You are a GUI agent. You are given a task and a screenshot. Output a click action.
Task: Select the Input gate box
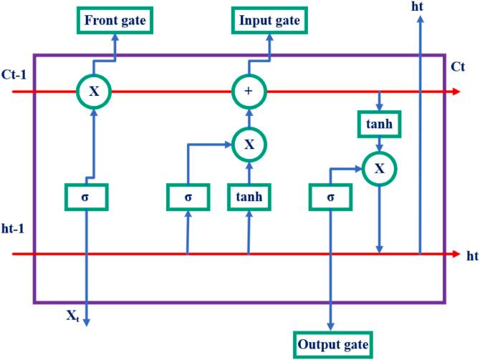(x=269, y=20)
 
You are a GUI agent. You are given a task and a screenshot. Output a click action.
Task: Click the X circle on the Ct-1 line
(x=95, y=92)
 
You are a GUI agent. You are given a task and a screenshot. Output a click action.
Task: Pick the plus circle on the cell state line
(x=249, y=92)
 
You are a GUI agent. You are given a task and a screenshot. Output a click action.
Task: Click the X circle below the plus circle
(x=249, y=144)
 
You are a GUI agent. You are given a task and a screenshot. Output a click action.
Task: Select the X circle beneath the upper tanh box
(x=379, y=169)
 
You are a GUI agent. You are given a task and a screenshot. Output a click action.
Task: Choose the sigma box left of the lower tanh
(x=188, y=196)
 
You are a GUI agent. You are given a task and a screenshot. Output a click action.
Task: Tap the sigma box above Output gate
(x=330, y=196)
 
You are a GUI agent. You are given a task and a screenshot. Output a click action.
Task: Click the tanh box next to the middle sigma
(x=249, y=196)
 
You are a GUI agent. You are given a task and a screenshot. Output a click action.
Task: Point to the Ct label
(x=459, y=67)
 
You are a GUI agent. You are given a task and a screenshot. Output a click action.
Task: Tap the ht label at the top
(x=418, y=6)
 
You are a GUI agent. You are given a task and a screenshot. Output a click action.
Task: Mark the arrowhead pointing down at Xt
(x=87, y=322)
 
